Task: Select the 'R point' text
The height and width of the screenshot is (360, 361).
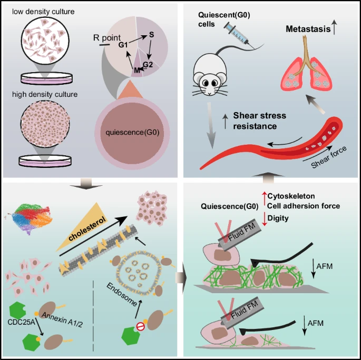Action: pos(106,38)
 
